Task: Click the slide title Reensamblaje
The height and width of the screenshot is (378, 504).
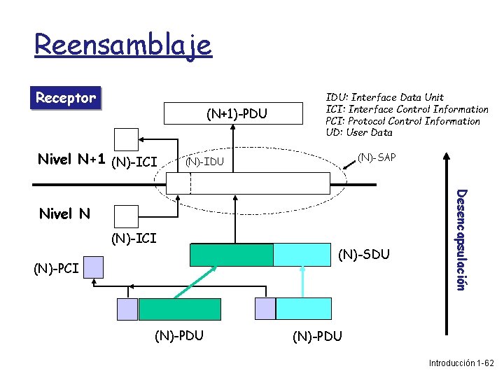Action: [122, 45]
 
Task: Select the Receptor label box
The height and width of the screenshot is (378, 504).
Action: [66, 98]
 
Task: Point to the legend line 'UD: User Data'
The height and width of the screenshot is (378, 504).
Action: [359, 132]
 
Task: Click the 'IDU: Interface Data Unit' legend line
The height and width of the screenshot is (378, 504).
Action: [384, 97]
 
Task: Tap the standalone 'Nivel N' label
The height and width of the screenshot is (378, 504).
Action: [64, 213]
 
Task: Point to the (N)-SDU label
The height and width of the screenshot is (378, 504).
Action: [363, 253]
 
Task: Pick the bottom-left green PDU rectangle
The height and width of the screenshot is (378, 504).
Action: [179, 309]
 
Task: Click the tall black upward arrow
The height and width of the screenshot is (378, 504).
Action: [442, 245]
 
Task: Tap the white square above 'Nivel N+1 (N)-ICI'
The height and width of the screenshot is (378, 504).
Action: [127, 139]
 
